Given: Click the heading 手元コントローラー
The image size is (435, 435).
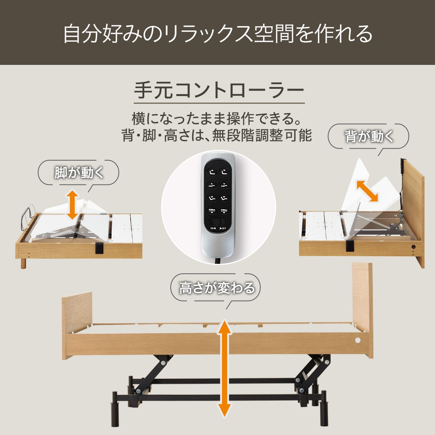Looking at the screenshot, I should [219, 90].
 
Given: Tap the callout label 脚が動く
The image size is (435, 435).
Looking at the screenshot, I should [79, 173].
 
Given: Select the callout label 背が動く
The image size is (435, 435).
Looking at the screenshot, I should [369, 137].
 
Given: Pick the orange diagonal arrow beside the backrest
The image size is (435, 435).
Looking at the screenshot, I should [367, 191].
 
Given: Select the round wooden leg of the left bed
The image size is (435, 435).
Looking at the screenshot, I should [23, 263].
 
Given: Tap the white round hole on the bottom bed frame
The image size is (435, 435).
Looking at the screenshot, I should [358, 340].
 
